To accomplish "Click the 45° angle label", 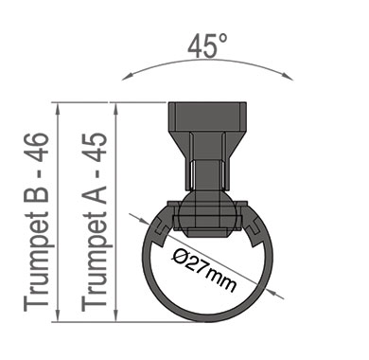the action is [207, 46].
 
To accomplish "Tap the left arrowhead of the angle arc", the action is [126, 77].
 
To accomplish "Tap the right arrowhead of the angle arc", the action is [289, 77].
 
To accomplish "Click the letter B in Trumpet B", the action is [37, 192].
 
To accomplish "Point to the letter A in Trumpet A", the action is [95, 192].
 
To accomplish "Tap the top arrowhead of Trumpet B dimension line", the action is [58, 109].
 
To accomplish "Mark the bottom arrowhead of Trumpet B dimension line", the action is [58, 315].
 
